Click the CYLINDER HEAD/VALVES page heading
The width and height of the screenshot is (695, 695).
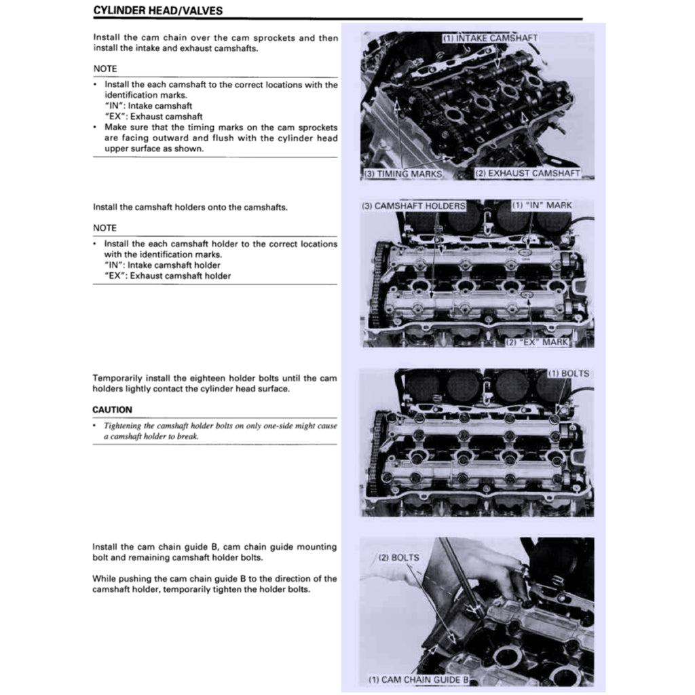157,11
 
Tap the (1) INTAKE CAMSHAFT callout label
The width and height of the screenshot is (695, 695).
490,38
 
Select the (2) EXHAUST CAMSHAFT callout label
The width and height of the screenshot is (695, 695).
527,173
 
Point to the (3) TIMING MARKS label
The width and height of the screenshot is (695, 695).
402,174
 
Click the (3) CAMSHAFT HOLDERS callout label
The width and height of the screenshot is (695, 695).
413,206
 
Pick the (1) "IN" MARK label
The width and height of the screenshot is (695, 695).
541,205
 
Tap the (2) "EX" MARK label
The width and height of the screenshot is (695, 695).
536,342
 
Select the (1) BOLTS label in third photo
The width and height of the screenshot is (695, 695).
568,374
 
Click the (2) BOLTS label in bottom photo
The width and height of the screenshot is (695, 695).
398,558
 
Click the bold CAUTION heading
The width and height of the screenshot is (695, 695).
112,410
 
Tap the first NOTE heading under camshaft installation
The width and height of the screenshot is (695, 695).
105,69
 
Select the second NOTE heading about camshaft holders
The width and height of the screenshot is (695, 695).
105,228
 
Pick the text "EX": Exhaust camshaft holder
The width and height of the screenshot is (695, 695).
168,276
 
